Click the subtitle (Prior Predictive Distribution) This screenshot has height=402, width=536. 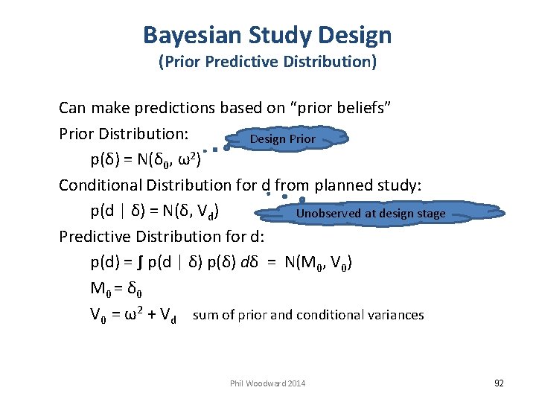267,62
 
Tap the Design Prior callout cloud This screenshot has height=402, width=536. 283,139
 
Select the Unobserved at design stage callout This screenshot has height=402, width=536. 370,214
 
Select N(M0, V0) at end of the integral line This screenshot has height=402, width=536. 320,263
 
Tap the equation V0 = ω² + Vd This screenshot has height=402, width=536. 133,316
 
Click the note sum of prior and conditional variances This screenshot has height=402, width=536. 308,315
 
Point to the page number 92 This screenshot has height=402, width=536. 499,383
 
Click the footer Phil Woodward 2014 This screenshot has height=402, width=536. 268,383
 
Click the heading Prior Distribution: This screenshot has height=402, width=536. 124,134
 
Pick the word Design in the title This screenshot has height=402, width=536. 354,35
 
